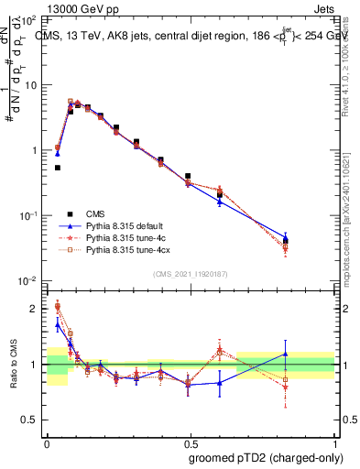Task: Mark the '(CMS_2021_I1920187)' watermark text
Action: (190, 273)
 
